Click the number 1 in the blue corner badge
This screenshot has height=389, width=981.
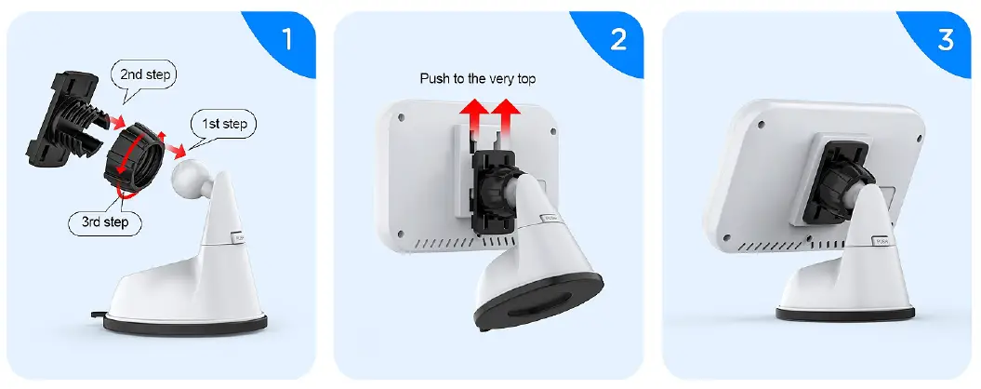click(x=286, y=39)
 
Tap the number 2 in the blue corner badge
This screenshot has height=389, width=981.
click(x=615, y=39)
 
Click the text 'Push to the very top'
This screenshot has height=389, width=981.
click(x=477, y=79)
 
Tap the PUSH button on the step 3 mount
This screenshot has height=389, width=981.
click(x=881, y=240)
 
